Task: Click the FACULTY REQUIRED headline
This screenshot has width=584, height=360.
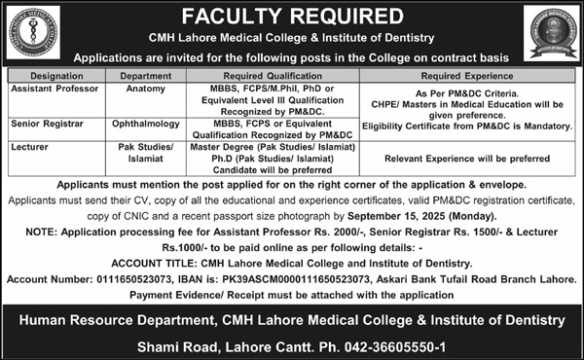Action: (x=293, y=16)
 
